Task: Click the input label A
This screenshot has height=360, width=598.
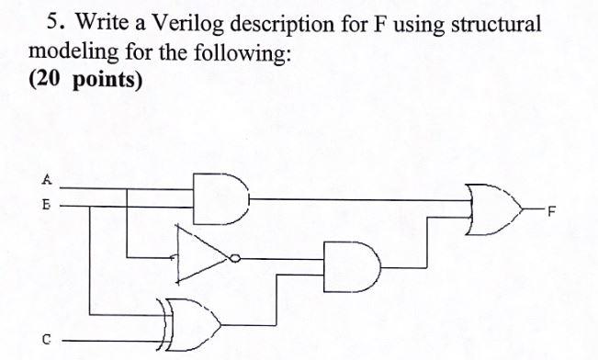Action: (x=43, y=179)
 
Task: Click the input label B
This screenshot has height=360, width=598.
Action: (x=43, y=207)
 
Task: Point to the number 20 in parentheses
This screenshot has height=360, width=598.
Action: (x=51, y=78)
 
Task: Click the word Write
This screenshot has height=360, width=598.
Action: (x=99, y=19)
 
